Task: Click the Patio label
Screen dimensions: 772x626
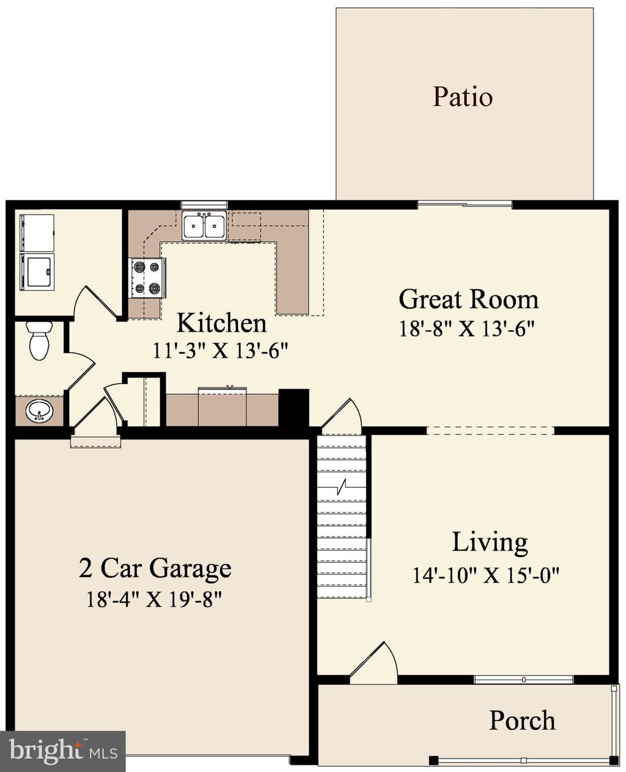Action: (463, 97)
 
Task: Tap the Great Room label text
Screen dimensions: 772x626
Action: (468, 300)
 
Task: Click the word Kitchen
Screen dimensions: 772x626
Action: (221, 323)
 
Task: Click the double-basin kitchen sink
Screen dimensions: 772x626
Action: (204, 226)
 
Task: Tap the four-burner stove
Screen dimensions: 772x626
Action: (147, 278)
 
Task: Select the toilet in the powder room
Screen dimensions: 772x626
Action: (39, 340)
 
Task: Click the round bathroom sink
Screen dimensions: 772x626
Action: (39, 411)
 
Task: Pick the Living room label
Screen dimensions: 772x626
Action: (490, 543)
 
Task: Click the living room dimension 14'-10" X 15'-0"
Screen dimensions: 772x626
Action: (486, 575)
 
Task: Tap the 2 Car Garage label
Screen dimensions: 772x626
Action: (155, 568)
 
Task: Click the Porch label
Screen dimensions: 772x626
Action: (522, 721)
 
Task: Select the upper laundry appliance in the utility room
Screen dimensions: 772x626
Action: (37, 232)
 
